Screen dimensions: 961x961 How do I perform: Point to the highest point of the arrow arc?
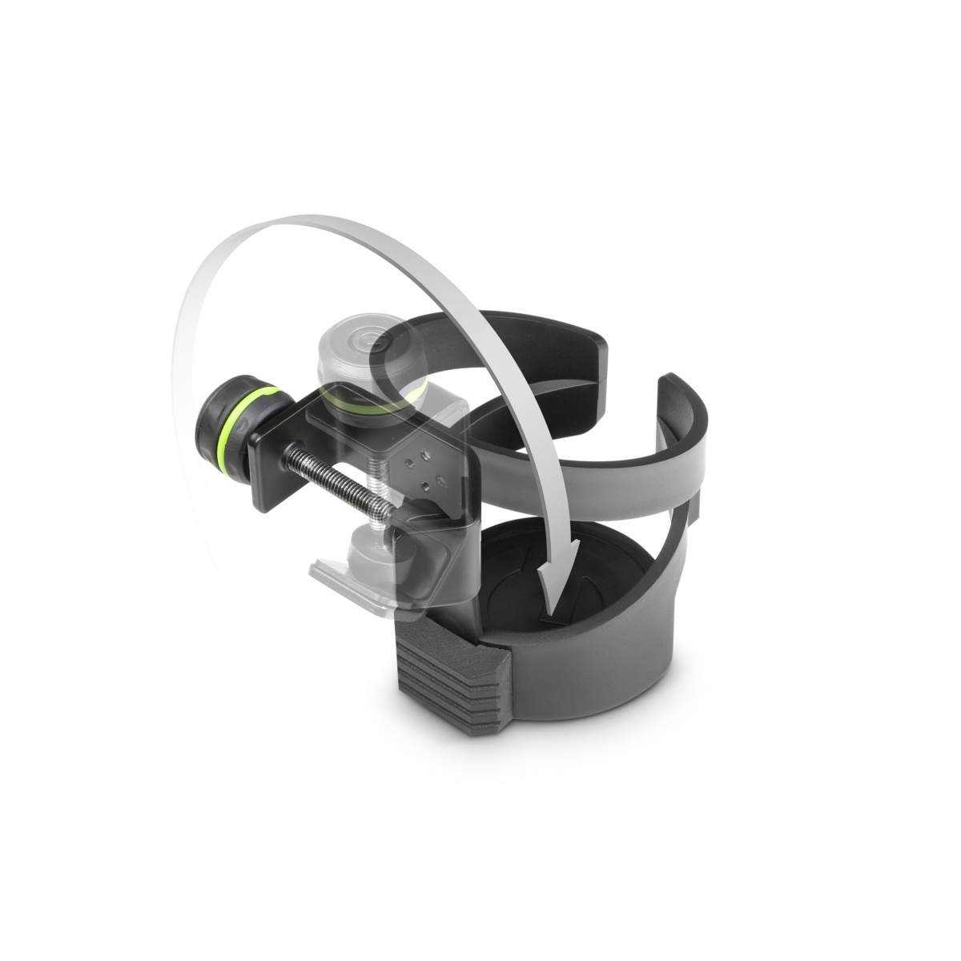coord(336,220)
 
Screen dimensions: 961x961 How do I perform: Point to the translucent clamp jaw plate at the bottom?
coord(352,585)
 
